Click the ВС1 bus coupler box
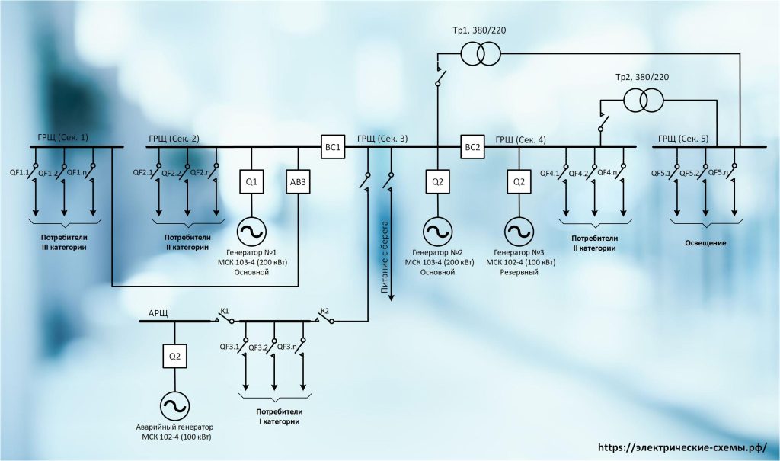click(333, 147)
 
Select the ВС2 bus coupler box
click(472, 147)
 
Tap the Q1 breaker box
click(251, 181)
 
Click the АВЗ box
click(298, 181)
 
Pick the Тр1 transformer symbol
click(480, 53)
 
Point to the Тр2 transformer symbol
click(644, 100)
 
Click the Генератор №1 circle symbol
click(251, 231)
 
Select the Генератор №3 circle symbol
click(519, 231)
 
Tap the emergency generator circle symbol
click(174, 405)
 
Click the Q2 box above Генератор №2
click(437, 181)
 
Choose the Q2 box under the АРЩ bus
click(174, 357)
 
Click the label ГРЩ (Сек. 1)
click(62, 137)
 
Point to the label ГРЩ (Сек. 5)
click(683, 139)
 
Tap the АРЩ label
click(158, 314)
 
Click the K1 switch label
click(225, 312)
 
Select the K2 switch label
click(324, 312)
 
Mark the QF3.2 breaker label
click(258, 347)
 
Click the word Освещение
click(705, 243)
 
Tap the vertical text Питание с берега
click(385, 257)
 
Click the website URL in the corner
click(682, 447)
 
